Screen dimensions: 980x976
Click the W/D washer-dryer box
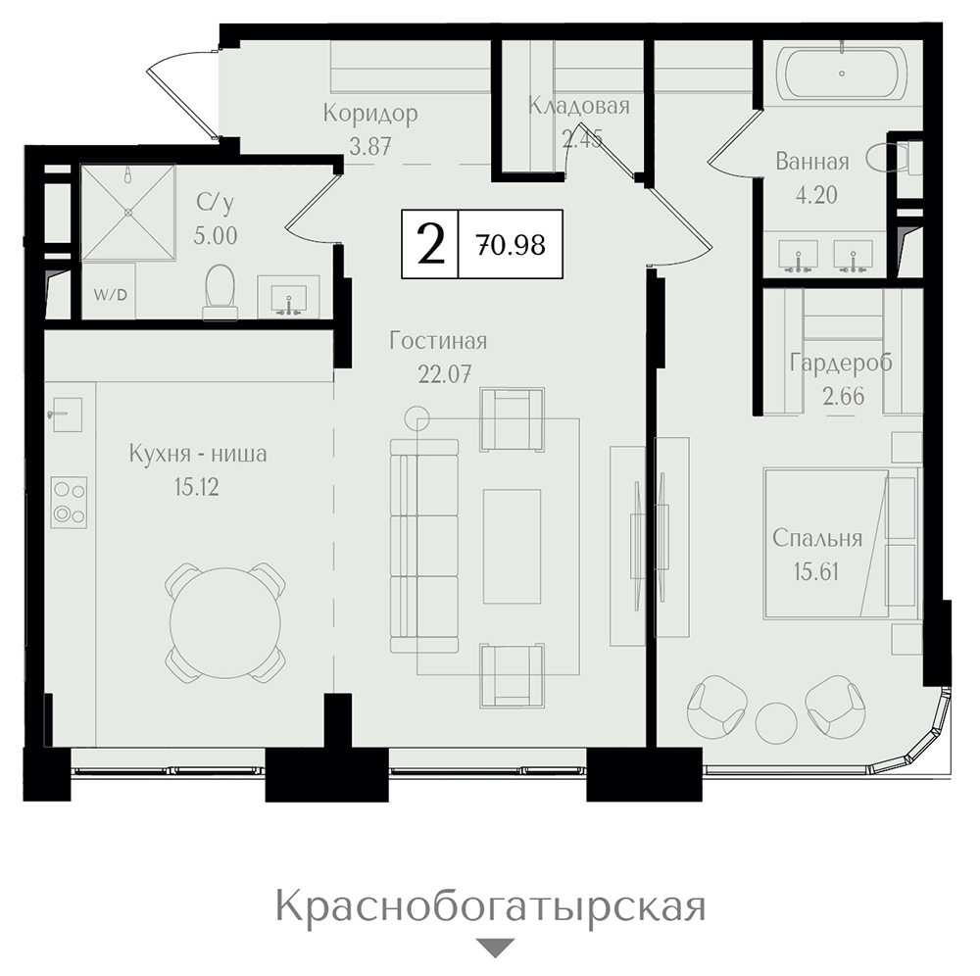tap(109, 292)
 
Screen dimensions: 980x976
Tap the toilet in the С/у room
tap(220, 292)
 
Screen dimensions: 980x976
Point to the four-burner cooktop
tap(69, 504)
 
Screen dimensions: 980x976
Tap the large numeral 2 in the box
tap(430, 244)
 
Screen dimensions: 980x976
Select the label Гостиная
tap(438, 341)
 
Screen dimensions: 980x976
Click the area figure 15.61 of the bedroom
tap(816, 571)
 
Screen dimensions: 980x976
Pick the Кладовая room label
tap(579, 106)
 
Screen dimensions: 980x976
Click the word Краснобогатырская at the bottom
tap(491, 907)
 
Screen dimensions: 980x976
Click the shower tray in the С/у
tap(128, 212)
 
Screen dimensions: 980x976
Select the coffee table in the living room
tap(512, 546)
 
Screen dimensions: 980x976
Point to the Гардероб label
tap(841, 363)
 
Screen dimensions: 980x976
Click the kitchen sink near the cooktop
tap(67, 415)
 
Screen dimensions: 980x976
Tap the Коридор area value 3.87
tap(370, 146)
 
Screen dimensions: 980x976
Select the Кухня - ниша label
tap(198, 453)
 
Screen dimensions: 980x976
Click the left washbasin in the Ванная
tap(798, 256)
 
